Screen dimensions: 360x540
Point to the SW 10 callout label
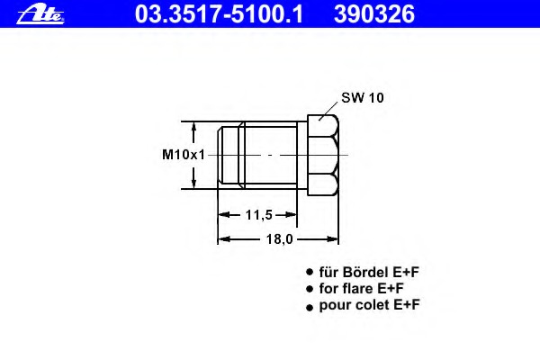pyautogui.click(x=362, y=98)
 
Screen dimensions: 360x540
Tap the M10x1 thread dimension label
pyautogui.click(x=183, y=154)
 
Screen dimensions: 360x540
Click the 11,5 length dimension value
pyautogui.click(x=258, y=214)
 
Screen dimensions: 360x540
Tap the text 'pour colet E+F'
pyautogui.click(x=370, y=305)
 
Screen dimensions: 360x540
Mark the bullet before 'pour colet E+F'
pyautogui.click(x=310, y=306)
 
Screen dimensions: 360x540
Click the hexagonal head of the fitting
pyautogui.click(x=323, y=154)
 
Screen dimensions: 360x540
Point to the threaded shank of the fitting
pyautogui.click(x=265, y=154)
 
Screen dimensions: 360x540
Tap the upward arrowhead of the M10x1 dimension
pyautogui.click(x=193, y=127)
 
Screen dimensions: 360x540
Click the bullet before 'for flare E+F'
pyautogui.click(x=310, y=289)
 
